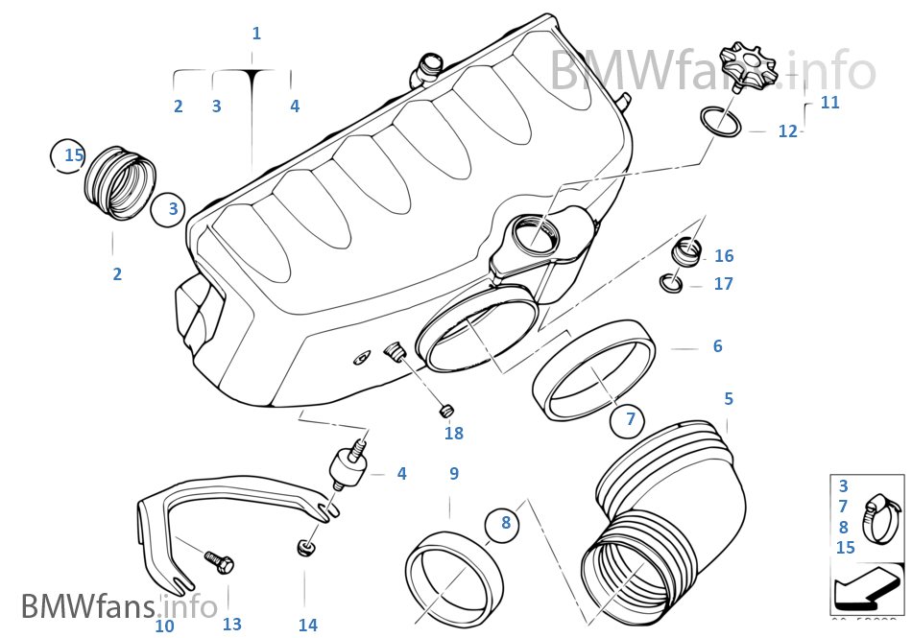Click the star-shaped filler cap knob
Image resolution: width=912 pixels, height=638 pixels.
[x=747, y=64]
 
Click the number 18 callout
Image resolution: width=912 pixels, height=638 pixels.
[x=453, y=434]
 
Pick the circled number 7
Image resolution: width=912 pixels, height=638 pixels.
[x=630, y=419]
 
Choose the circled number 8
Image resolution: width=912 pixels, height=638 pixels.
[x=505, y=524]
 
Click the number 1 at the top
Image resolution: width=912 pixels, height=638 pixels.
[x=255, y=34]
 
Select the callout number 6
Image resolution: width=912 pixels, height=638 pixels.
[x=717, y=346]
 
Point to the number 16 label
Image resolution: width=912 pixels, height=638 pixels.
[x=723, y=256]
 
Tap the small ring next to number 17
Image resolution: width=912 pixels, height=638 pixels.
[x=672, y=283]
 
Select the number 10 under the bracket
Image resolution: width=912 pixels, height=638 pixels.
[x=164, y=625]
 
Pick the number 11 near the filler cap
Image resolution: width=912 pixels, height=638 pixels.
[x=829, y=103]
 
